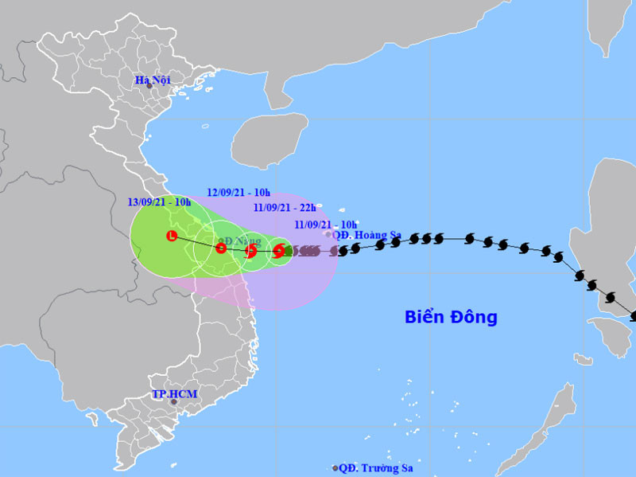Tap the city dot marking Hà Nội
149,86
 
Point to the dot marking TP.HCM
174,402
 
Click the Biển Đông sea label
451,317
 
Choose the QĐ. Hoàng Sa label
366,235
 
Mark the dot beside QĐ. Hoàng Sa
328,234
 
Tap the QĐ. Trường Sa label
376,468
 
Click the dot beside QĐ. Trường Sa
335,468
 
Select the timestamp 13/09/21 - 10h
160,202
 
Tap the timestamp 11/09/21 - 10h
325,225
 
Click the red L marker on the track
171,236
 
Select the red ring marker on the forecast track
221,248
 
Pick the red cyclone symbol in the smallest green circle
279,252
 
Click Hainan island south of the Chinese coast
269,139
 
